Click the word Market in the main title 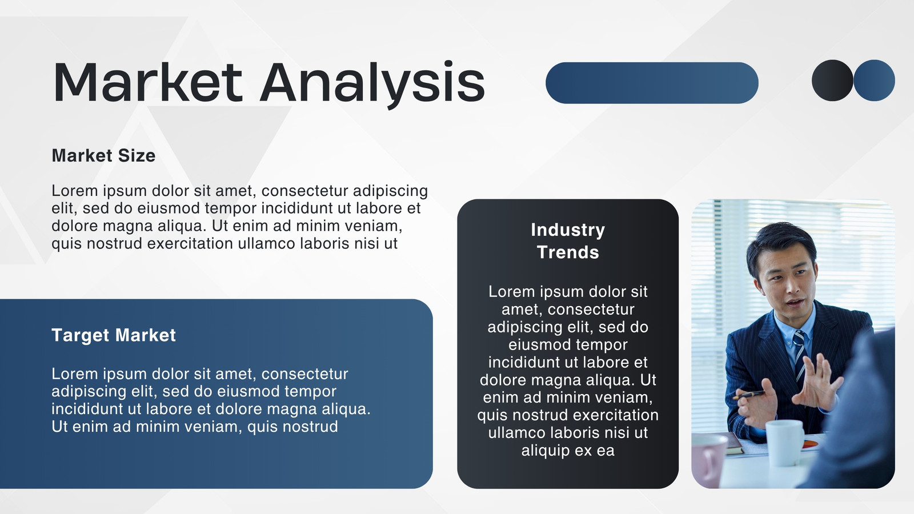(x=148, y=82)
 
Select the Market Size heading (x=103, y=155)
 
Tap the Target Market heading (x=114, y=335)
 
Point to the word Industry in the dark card (x=568, y=230)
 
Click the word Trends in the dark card (x=568, y=252)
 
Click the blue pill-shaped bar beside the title (x=652, y=83)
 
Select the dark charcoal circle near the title (x=832, y=81)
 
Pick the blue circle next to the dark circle (x=875, y=81)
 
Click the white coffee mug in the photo (x=784, y=443)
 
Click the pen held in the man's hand (x=749, y=395)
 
